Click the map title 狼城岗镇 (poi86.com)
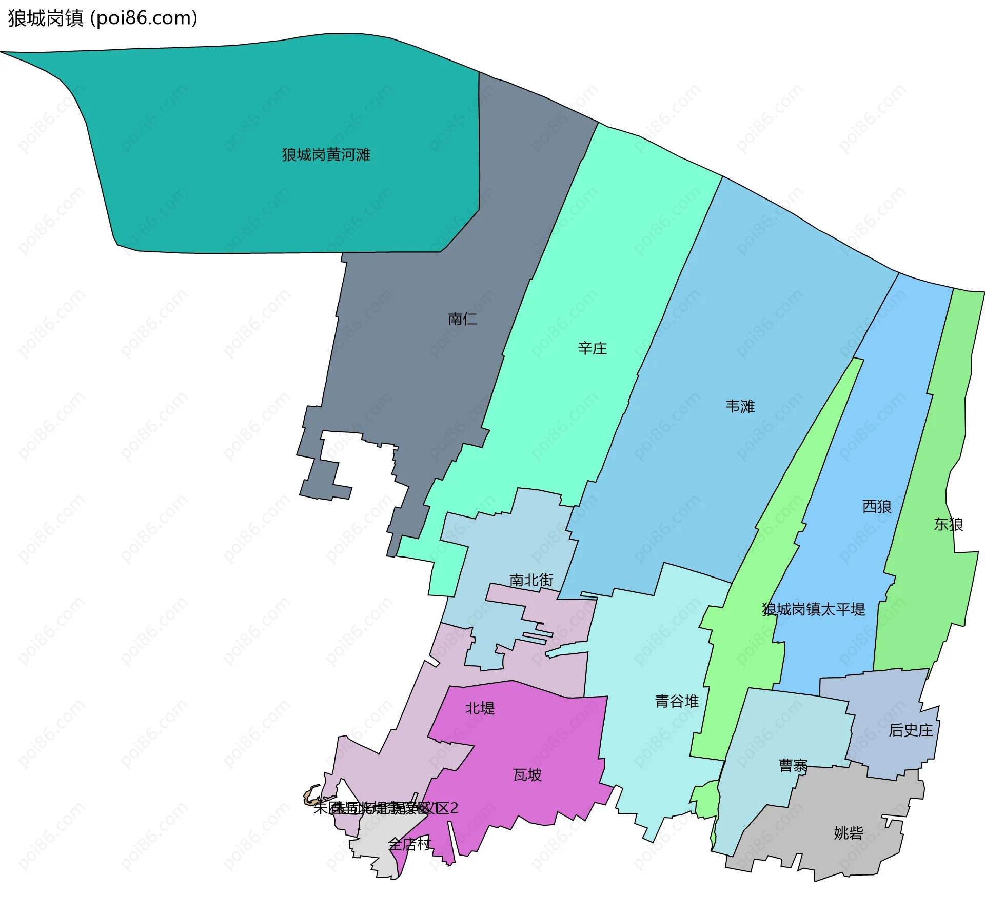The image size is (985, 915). (x=103, y=18)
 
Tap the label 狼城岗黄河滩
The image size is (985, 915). (x=326, y=155)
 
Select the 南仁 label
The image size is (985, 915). (x=462, y=319)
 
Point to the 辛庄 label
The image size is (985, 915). (x=592, y=349)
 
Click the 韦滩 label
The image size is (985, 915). (x=740, y=407)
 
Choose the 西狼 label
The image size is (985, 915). (x=876, y=507)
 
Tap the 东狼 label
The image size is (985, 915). (x=948, y=524)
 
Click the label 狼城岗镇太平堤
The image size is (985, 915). (x=814, y=609)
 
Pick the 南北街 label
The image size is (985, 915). (x=531, y=580)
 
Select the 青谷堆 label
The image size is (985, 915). (x=677, y=701)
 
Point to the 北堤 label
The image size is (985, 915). (x=480, y=708)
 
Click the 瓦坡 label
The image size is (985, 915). (x=527, y=774)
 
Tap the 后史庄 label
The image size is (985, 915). (x=911, y=730)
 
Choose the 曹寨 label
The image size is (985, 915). (x=793, y=766)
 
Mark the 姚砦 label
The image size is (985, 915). (x=848, y=833)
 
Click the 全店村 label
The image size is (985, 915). (x=409, y=844)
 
